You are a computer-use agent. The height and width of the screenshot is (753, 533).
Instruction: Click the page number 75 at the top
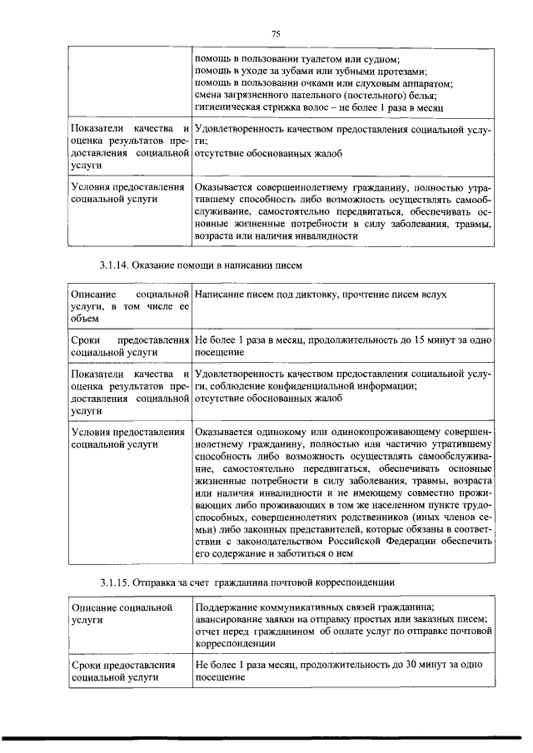[276, 33]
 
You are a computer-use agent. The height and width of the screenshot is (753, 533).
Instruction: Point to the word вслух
[433, 295]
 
